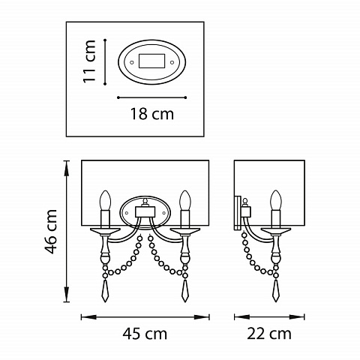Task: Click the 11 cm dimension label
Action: [89, 61]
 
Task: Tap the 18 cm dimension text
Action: [152, 114]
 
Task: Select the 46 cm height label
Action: [50, 231]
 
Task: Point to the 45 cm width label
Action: [145, 334]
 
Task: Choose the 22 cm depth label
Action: [269, 334]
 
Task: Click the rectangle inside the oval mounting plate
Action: [151, 61]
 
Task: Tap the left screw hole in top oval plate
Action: [132, 62]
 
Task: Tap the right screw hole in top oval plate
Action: [172, 62]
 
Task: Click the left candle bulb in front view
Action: [105, 200]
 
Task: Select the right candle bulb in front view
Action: [185, 200]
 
